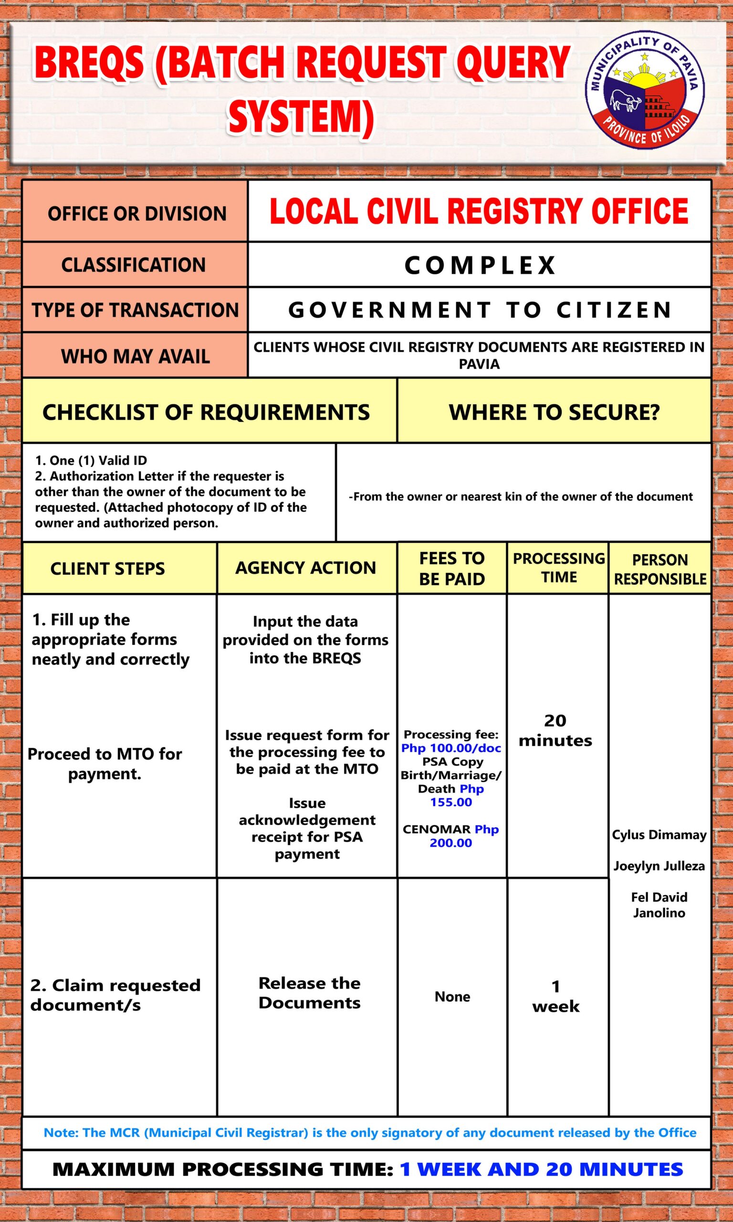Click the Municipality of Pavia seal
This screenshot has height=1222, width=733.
645,93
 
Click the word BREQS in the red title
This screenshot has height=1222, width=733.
89,63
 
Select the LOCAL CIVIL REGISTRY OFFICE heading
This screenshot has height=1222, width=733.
479,211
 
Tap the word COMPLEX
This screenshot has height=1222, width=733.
480,265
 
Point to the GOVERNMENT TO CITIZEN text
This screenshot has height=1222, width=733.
480,310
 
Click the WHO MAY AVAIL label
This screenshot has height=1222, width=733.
136,356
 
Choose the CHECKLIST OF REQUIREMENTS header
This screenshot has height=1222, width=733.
206,412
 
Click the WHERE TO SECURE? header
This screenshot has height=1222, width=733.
554,412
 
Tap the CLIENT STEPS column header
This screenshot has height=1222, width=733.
108,569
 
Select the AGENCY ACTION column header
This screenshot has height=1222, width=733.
306,568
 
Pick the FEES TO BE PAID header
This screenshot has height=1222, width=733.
452,569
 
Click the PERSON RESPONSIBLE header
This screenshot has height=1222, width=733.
660,569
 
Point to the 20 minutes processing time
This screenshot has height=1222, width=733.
555,730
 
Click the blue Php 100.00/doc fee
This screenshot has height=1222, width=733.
451,748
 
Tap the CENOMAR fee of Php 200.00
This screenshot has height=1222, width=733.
450,836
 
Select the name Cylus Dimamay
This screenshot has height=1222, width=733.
659,835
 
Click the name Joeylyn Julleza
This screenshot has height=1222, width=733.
659,866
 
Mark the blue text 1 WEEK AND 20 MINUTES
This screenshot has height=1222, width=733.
541,1169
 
